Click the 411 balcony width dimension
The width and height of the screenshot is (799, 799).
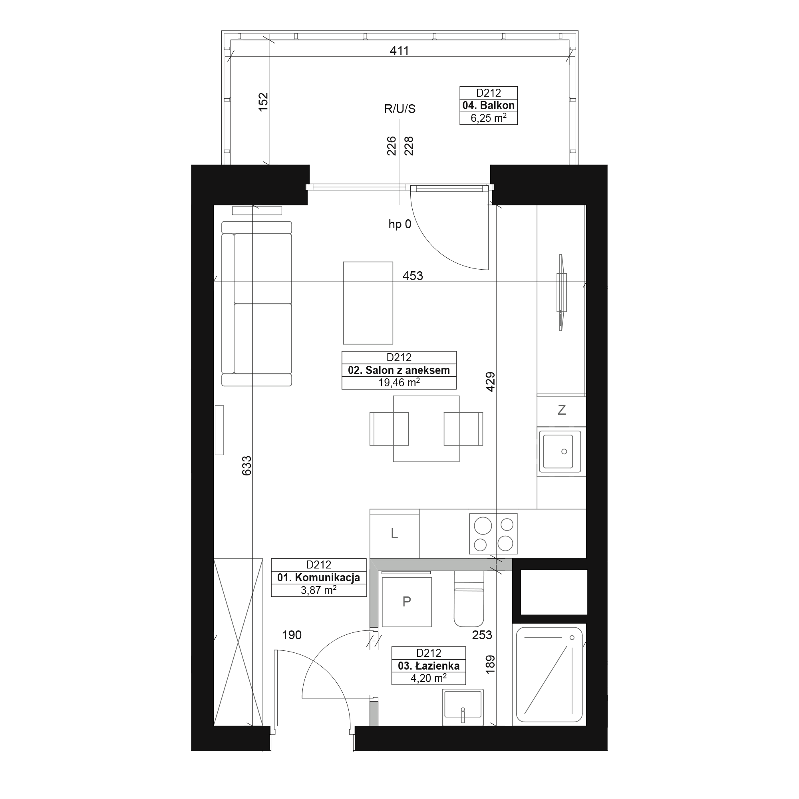coord(399,50)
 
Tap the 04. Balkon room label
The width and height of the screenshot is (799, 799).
coord(489,105)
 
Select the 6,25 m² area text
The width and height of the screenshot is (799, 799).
coord(489,118)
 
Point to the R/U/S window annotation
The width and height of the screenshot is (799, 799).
coord(399,109)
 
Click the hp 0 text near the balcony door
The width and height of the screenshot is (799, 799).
coord(400,224)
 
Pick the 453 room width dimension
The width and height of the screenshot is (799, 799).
coord(413,275)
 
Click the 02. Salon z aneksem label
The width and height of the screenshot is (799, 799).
coord(399,370)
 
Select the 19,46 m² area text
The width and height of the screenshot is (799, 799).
coord(399,383)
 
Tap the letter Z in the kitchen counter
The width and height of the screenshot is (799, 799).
coord(562,410)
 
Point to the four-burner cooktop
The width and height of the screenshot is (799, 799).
coord(493,533)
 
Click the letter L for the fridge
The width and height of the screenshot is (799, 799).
coord(395,533)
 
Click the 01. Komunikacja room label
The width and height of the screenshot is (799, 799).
coord(318,577)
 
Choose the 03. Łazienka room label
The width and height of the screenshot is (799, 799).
coord(429,666)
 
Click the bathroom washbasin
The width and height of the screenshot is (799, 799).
coord(463,707)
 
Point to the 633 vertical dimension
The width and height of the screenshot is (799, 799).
coord(246,466)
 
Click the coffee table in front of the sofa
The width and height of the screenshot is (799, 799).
coord(368,303)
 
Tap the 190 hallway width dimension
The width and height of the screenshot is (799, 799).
coord(292,635)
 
